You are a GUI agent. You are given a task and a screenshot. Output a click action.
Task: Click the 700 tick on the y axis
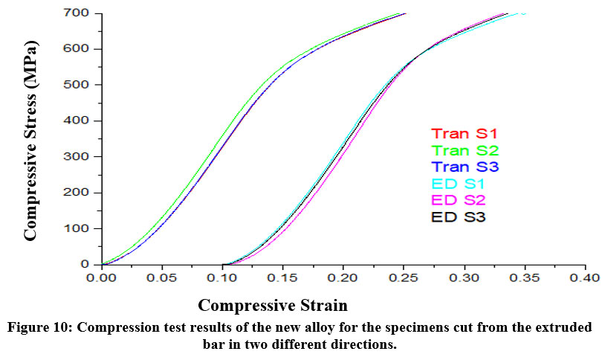(80, 13)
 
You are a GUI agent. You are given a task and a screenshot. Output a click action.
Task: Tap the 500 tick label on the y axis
(80, 85)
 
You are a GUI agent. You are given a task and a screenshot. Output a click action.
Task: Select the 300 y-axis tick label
(80, 157)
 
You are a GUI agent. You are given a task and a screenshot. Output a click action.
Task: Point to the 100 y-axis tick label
(80, 228)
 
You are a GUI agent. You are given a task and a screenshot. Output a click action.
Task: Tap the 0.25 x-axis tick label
(404, 278)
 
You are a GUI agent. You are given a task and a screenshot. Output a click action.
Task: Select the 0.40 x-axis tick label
(585, 278)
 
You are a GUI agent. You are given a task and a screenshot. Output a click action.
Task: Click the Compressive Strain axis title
(273, 306)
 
